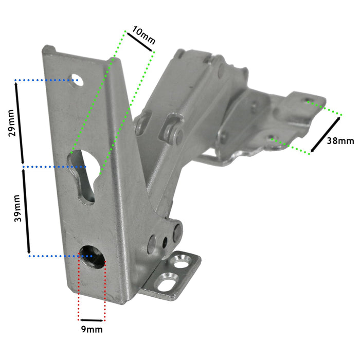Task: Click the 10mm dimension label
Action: [x=143, y=34]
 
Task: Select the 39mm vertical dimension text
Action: [x=16, y=208]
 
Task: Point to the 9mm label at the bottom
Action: [x=92, y=329]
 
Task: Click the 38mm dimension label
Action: [x=340, y=140]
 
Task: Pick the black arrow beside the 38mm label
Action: [x=326, y=135]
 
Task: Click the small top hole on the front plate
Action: [x=76, y=80]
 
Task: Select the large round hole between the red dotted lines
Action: [x=91, y=253]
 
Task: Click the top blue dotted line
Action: [x=44, y=80]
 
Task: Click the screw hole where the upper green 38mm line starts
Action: [x=307, y=101]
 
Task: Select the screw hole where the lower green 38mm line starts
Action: [x=273, y=138]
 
